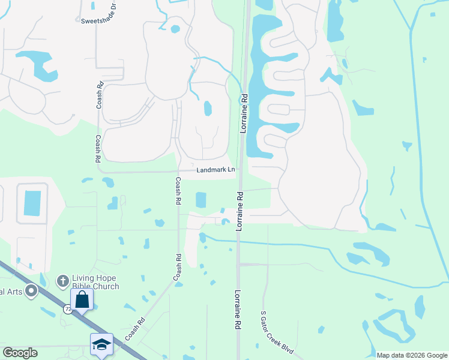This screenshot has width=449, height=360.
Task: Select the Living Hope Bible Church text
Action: pyautogui.click(x=96, y=282)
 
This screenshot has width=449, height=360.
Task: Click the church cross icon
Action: pyautogui.click(x=62, y=281)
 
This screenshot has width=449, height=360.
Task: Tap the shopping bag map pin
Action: pyautogui.click(x=82, y=299)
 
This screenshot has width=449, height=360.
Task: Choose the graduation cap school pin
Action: pyautogui.click(x=101, y=344)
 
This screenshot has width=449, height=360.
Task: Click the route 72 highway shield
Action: pyautogui.click(x=68, y=308)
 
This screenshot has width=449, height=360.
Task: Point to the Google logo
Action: pyautogui.click(x=20, y=352)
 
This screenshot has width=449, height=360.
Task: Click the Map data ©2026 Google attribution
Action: pyautogui.click(x=411, y=355)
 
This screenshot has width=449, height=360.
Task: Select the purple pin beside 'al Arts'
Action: pyautogui.click(x=31, y=292)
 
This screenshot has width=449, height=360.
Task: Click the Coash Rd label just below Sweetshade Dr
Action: pyautogui.click(x=99, y=95)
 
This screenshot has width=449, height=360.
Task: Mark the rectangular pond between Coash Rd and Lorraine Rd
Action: pyautogui.click(x=200, y=200)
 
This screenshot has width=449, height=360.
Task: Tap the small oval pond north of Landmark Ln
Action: pyautogui.click(x=208, y=109)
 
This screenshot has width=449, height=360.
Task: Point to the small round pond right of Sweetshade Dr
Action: pyautogui.click(x=175, y=29)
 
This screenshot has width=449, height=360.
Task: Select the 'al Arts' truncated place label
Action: pyautogui.click(x=11, y=292)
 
